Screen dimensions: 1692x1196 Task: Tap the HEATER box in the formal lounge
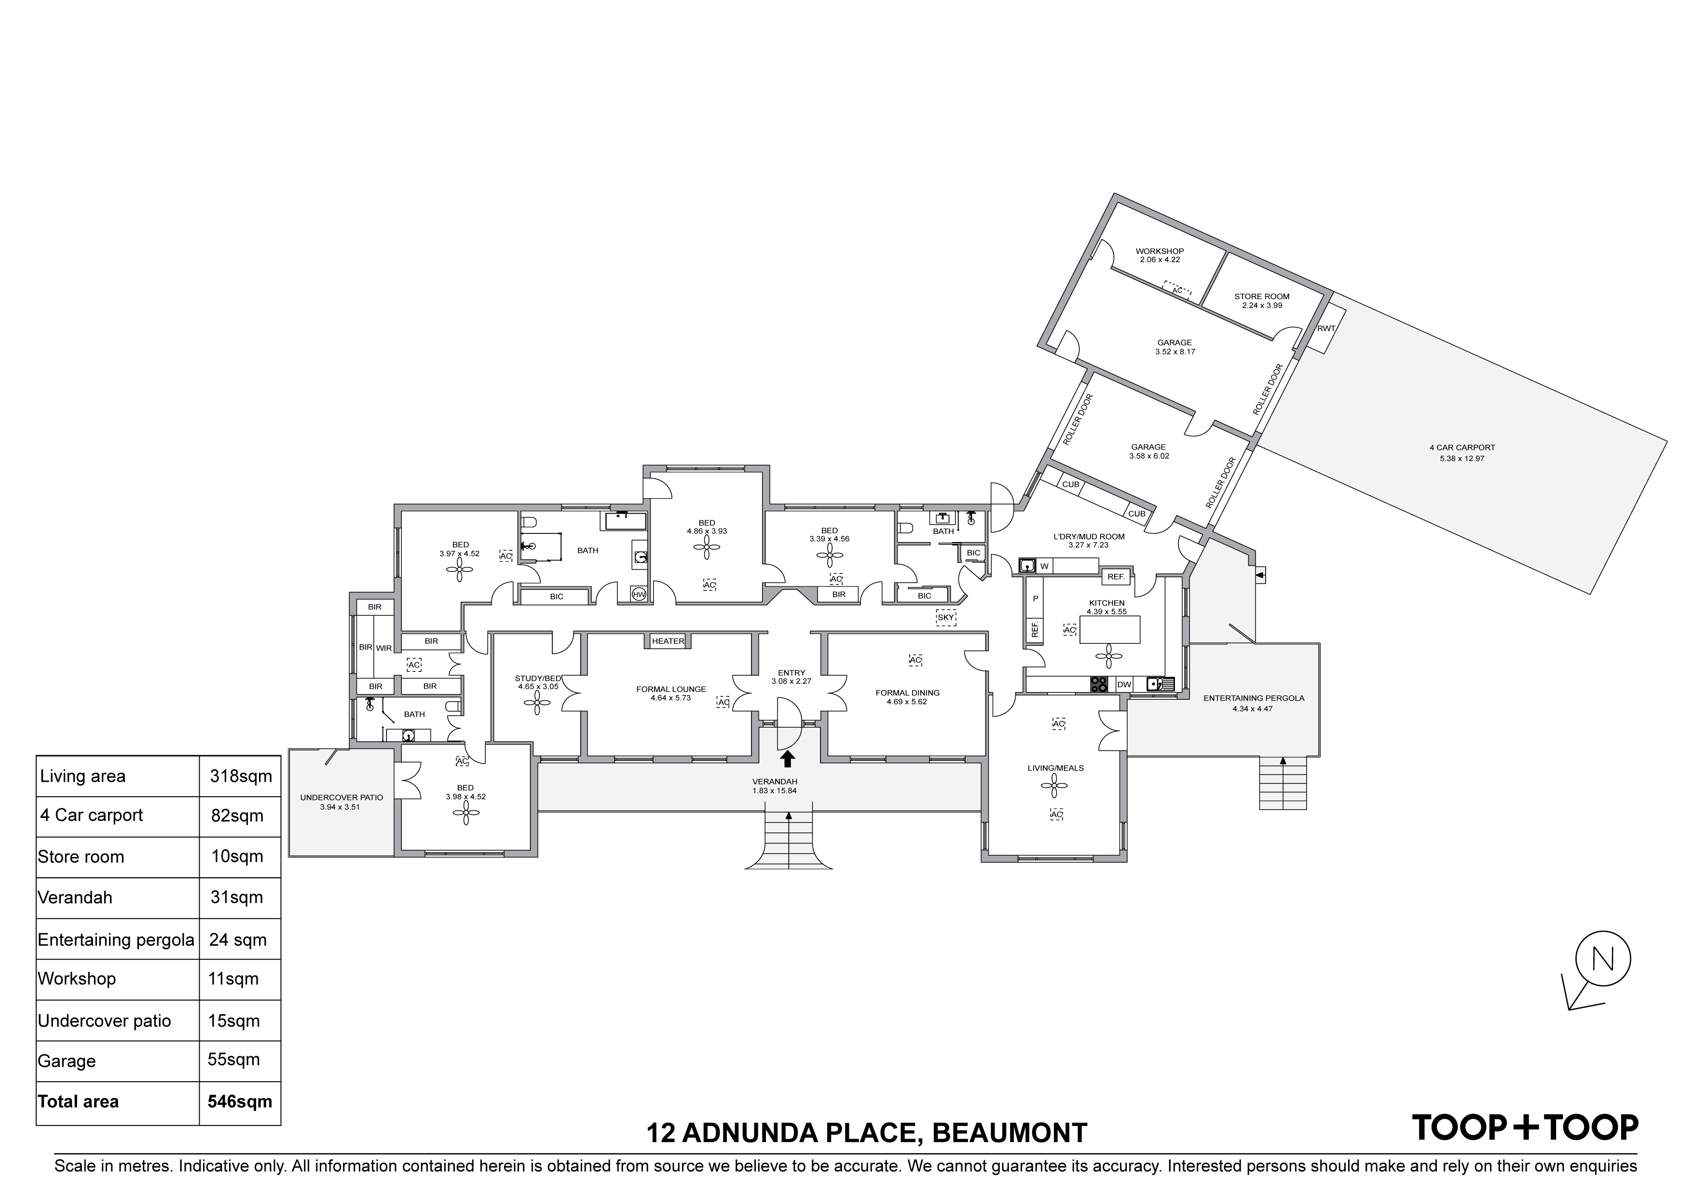668,641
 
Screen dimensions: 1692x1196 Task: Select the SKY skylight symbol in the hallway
945,617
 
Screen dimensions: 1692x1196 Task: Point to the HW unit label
639,594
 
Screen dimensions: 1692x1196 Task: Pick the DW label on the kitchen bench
1124,685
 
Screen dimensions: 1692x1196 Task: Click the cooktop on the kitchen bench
1099,685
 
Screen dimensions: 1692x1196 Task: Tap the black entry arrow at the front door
788,759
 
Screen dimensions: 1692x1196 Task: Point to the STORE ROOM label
1262,296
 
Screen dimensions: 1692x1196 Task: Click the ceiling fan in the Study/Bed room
537,703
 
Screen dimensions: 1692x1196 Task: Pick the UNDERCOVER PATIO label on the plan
341,797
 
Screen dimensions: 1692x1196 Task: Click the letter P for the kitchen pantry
1036,599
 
